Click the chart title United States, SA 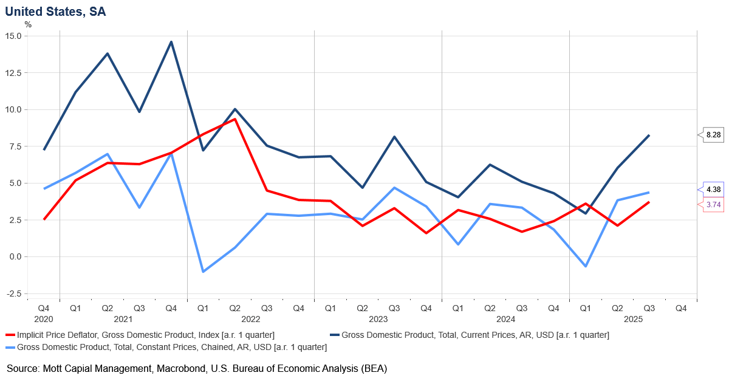(55, 12)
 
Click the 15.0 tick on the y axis (13, 36)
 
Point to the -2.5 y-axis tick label (13, 293)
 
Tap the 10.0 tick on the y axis (13, 109)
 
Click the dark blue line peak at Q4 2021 (171, 42)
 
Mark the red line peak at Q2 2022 (234, 119)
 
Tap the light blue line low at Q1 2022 (203, 272)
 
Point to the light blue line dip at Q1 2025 (586, 266)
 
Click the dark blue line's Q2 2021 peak (108, 53)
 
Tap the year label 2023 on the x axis (378, 319)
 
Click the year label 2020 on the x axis (44, 319)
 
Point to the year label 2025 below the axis (633, 319)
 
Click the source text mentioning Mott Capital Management (197, 368)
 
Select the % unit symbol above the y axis (28, 24)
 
